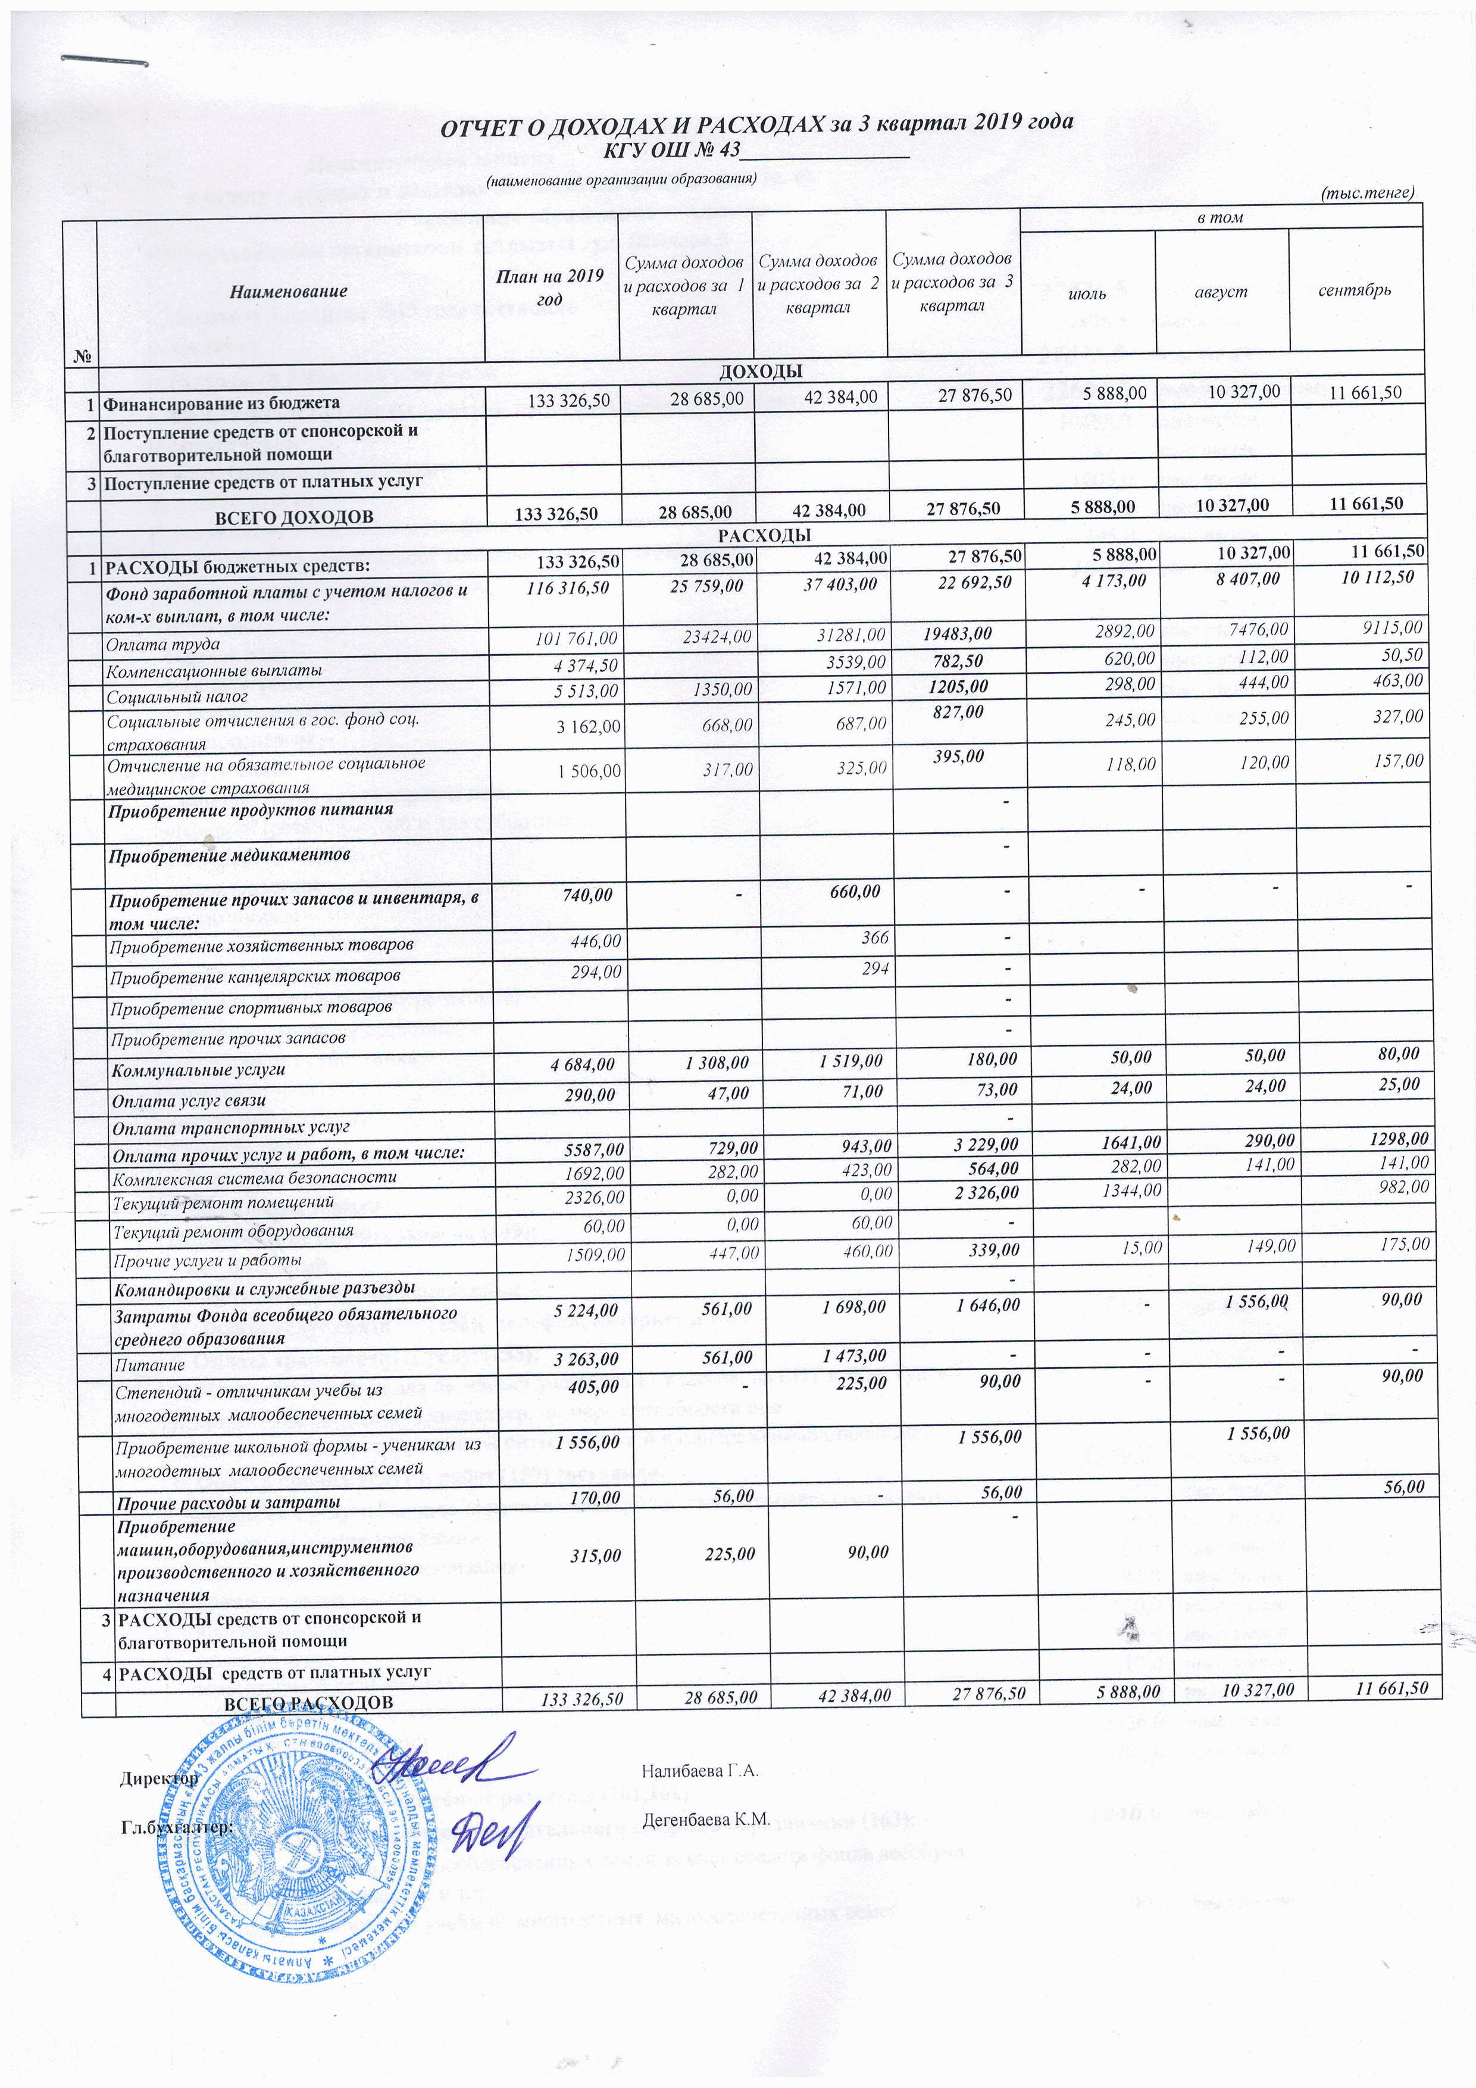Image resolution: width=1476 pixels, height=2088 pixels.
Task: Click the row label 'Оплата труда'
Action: click(x=163, y=645)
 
